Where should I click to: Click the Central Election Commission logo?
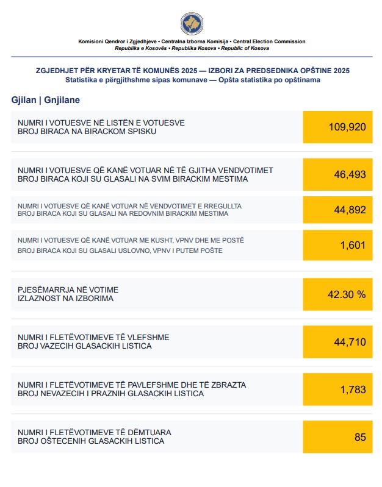coord(192,24)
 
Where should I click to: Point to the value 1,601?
coord(353,246)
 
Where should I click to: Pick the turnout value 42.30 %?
coord(347,294)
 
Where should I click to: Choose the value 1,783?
coord(353,389)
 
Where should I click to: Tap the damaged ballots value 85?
coord(359,436)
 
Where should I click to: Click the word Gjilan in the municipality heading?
coord(23,99)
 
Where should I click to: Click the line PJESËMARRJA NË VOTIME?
coord(68,289)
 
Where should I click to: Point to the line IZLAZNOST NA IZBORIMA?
coord(65,299)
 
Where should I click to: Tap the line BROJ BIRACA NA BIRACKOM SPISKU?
coord(88,132)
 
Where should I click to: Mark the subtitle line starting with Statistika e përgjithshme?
coord(192,80)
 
